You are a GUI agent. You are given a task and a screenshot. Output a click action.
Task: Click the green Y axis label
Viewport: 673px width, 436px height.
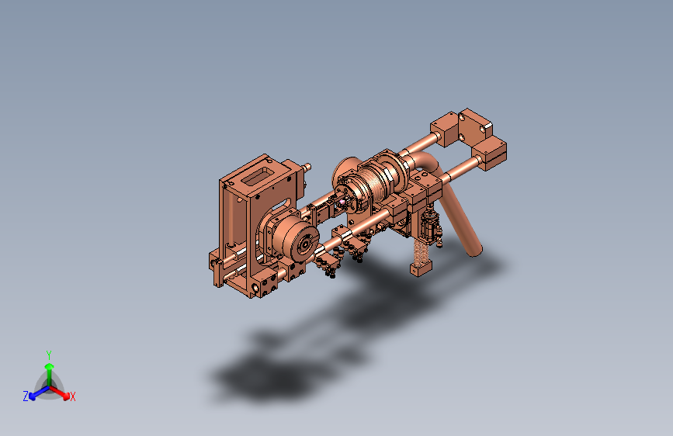[49, 355]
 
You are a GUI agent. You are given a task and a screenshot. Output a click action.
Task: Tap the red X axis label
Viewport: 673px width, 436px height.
[72, 397]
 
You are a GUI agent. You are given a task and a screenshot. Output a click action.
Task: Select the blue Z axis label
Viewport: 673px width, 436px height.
[26, 396]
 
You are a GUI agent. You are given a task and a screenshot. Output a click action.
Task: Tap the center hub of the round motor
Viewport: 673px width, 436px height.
[305, 244]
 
